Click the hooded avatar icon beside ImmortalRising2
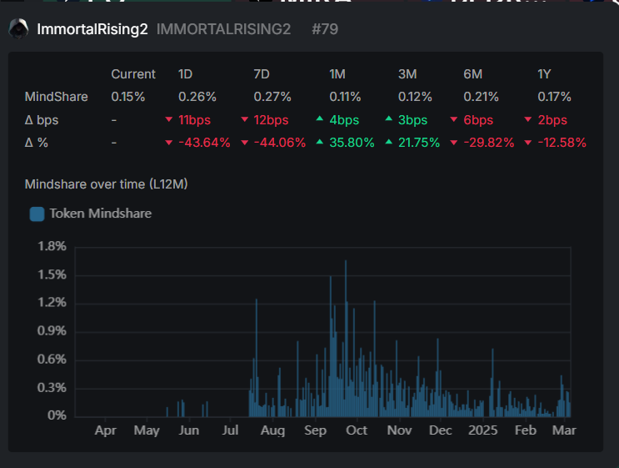pos(18,28)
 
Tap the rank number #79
pos(325,29)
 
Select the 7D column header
pos(262,74)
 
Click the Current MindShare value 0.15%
pos(128,97)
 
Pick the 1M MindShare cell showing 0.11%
pos(345,97)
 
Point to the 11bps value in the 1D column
pos(194,120)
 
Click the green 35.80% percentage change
pos(352,143)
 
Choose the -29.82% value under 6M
pos(489,143)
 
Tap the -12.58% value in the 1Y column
pos(562,143)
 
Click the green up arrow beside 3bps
pos(389,118)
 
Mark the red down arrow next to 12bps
pos(244,119)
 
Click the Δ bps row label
pos(42,120)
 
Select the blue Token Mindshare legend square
pos(37,214)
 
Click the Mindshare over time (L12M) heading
pos(106,184)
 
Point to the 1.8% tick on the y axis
pos(52,246)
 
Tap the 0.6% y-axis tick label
pos(52,360)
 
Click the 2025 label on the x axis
pos(483,430)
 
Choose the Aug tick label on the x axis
pos(272,430)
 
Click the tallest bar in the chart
pos(346,339)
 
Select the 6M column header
pos(472,74)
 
